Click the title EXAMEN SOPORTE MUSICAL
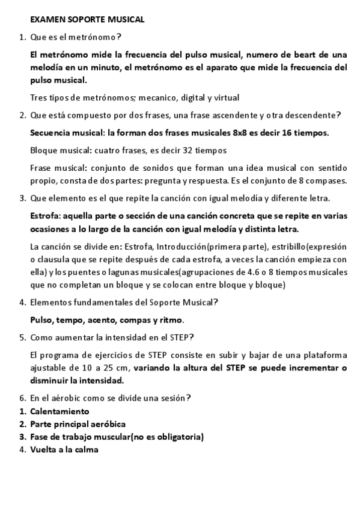click(x=87, y=19)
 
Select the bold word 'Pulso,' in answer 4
click(x=42, y=319)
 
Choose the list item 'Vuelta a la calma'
click(x=64, y=449)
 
